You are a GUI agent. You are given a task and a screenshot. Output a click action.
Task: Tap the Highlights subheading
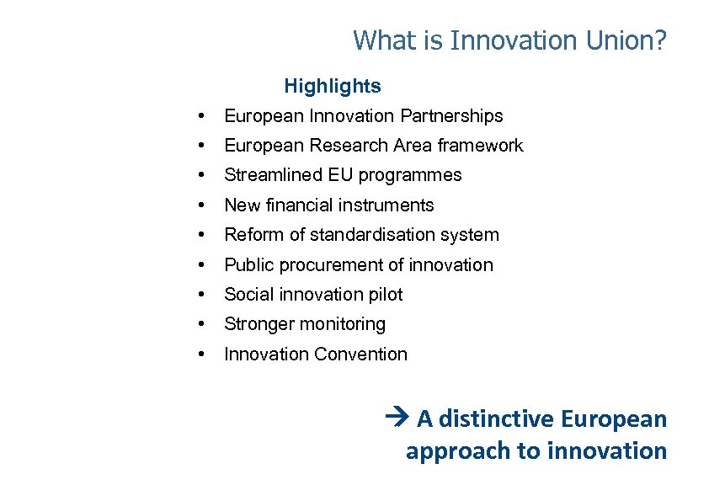click(x=333, y=86)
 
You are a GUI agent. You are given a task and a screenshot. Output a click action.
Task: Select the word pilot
click(x=386, y=295)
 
